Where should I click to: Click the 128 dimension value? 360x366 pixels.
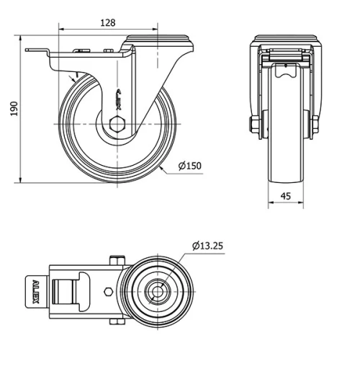[x=107, y=22]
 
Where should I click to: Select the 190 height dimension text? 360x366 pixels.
[x=13, y=107]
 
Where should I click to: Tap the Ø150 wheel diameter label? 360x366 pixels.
[x=189, y=166]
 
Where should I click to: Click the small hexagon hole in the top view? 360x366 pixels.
[x=108, y=292]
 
